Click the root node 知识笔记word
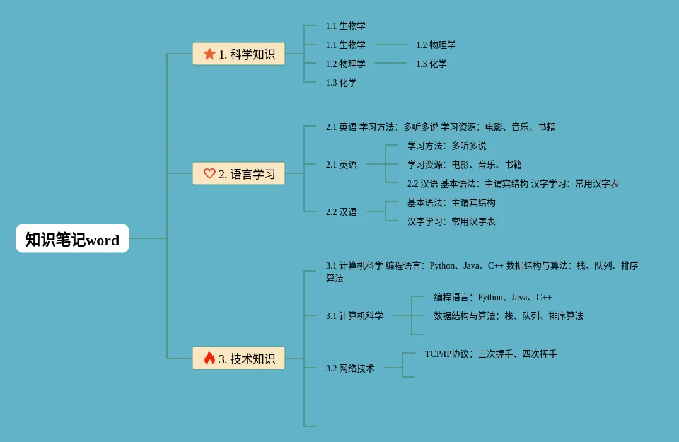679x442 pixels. [x=72, y=239]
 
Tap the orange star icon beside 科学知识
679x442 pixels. [x=209, y=54]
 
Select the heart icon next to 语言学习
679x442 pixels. [x=209, y=173]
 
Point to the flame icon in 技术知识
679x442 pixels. [x=209, y=358]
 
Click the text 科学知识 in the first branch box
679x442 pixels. [x=252, y=54]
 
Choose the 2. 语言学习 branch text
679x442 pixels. [x=247, y=174]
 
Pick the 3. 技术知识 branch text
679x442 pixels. [x=247, y=359]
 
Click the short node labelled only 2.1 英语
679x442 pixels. [x=341, y=165]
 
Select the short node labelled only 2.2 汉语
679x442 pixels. [x=341, y=212]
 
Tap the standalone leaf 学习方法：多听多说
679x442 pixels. [x=446, y=146]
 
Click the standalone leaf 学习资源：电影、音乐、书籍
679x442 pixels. [x=464, y=165]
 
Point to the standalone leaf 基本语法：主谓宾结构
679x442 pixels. [x=451, y=202]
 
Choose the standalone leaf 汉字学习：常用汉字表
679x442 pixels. [x=451, y=221]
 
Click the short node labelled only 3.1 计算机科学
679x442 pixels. [x=354, y=316]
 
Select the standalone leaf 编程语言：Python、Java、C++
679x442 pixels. [x=492, y=297]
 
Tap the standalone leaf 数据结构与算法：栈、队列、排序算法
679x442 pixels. [x=508, y=316]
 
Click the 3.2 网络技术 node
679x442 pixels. [x=350, y=368]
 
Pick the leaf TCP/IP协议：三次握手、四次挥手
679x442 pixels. [x=490, y=354]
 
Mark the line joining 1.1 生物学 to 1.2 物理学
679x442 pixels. [x=391, y=44]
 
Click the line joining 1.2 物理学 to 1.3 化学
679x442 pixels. [x=391, y=63]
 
